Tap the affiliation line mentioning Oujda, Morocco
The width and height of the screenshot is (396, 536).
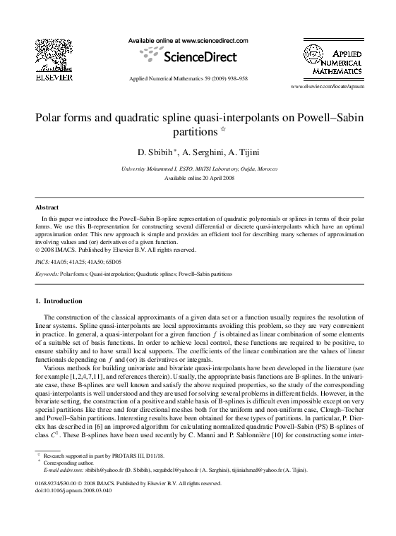click(x=200, y=170)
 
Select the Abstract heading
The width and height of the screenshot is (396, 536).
click(x=47, y=208)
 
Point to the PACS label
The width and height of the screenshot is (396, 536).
click(x=42, y=261)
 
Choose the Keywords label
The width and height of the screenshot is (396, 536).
click(x=47, y=272)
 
